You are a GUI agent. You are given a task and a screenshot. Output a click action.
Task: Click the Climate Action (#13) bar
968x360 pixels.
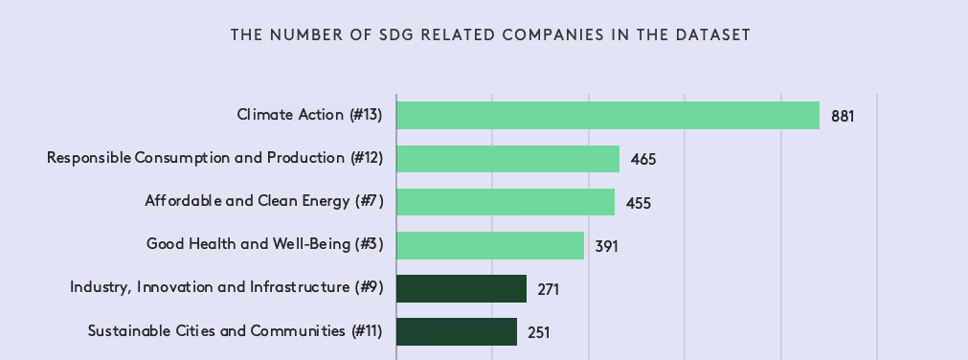(607, 115)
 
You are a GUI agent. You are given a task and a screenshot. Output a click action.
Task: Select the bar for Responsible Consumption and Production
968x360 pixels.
(507, 158)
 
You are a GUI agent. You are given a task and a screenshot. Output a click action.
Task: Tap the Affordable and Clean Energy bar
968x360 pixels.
(505, 202)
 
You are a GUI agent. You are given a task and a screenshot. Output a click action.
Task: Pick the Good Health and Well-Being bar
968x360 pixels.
(489, 245)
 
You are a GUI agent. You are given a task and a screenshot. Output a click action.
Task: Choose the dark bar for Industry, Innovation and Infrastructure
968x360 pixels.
(461, 288)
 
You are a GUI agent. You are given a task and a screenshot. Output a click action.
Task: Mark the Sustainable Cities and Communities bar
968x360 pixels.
(456, 332)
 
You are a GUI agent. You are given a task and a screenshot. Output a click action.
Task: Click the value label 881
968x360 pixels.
(842, 116)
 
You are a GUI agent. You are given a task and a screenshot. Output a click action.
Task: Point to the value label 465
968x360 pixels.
(643, 159)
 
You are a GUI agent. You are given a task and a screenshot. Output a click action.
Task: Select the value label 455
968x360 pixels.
(639, 203)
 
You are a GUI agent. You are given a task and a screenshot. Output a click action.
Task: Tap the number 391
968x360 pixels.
(606, 246)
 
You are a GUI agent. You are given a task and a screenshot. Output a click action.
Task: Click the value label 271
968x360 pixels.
(548, 289)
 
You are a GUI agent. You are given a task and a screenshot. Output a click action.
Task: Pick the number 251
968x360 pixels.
(538, 333)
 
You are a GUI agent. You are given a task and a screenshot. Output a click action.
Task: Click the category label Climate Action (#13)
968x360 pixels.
(309, 115)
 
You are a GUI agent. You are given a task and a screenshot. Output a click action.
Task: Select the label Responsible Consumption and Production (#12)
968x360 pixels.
(214, 158)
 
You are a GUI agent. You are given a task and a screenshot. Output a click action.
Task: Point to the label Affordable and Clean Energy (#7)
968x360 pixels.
(263, 202)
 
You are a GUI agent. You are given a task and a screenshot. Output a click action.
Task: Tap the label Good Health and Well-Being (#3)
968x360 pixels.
(264, 245)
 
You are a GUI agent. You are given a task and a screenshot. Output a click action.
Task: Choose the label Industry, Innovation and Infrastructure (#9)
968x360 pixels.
(226, 288)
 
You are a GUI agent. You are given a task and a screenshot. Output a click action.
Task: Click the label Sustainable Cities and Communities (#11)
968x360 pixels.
(235, 332)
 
